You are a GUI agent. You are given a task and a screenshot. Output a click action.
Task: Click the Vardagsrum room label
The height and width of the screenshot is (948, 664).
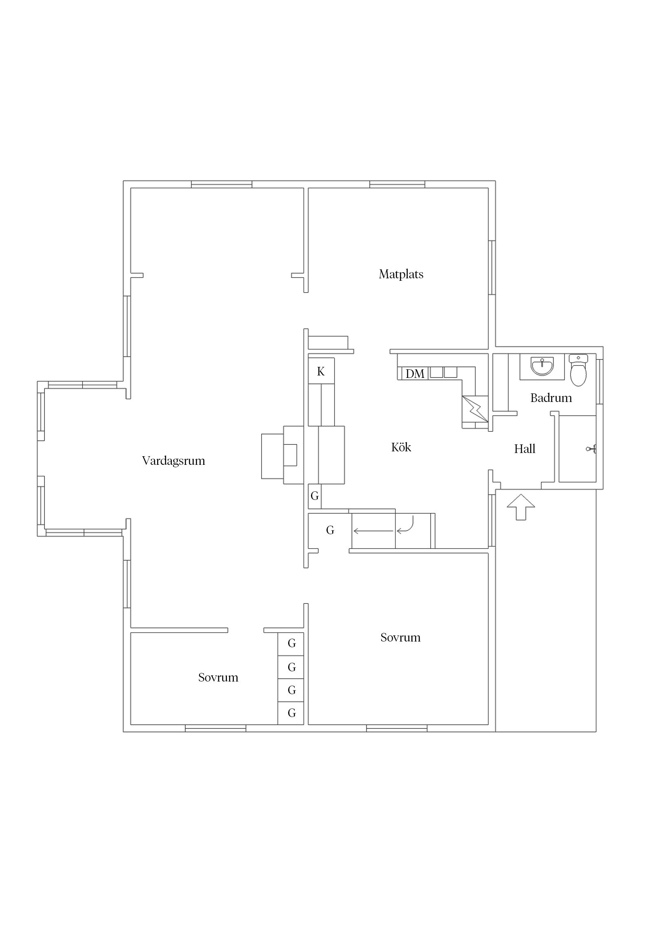coord(173,461)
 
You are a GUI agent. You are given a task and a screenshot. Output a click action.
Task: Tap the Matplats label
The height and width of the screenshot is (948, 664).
coord(401,274)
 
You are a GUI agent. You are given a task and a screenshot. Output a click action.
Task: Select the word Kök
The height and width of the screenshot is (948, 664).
coord(401,447)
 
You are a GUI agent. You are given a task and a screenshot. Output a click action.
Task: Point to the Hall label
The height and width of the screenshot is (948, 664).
coord(524,449)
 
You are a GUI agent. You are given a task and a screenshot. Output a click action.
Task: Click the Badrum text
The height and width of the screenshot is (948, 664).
coord(551,398)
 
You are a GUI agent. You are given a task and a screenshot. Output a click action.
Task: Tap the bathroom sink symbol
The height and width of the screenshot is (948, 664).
coord(542,366)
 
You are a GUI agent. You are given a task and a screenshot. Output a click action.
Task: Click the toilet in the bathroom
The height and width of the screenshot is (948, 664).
coord(578,370)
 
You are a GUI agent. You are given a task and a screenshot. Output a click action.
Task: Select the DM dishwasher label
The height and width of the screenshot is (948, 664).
coord(415,374)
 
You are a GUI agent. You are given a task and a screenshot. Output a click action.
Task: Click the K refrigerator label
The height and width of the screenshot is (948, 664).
coord(321,372)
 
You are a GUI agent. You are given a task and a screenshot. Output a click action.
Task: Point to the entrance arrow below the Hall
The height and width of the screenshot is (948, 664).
coord(521,507)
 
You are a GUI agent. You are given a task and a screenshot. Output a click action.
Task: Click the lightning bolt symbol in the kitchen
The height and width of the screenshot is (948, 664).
coord(475,409)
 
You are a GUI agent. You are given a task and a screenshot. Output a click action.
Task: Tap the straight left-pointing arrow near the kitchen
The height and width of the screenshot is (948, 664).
coord(374,531)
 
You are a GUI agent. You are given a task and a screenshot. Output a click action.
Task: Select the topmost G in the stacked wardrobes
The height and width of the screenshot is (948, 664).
coord(292,643)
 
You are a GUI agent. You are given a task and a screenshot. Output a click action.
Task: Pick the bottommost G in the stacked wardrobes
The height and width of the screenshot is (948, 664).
coord(292,713)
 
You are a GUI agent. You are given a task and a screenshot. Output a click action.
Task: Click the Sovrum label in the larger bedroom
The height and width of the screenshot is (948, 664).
coord(400,637)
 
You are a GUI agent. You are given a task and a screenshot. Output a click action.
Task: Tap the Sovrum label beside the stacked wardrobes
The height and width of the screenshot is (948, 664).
coord(218,677)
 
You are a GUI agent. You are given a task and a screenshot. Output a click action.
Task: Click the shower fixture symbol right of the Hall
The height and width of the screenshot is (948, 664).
coord(591,449)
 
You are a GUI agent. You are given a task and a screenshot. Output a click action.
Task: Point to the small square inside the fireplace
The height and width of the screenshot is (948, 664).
coord(290,455)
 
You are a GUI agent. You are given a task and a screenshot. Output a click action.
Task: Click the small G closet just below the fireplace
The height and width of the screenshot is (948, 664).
coord(315,496)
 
